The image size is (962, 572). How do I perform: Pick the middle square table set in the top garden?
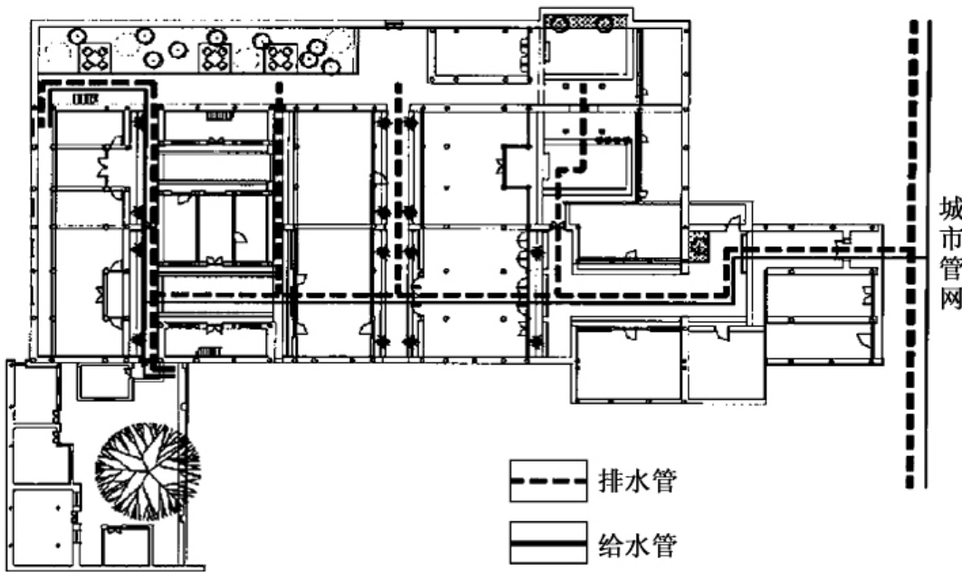pyautogui.click(x=216, y=59)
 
